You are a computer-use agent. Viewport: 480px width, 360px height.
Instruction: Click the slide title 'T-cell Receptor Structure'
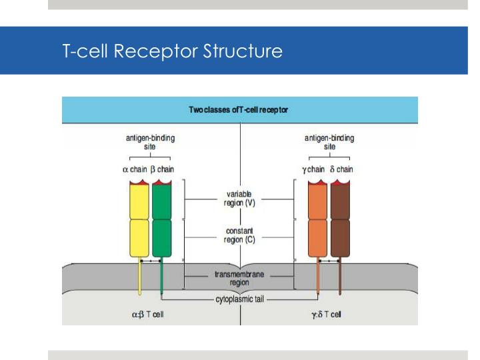[172, 51]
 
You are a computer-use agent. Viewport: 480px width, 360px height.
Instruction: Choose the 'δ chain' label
[341, 169]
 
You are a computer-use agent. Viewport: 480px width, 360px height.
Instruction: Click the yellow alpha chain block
[139, 220]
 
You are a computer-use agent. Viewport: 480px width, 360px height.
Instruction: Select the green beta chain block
[161, 220]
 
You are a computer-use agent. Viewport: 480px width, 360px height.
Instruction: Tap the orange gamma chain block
[318, 220]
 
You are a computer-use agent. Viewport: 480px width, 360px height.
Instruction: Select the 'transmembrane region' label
[240, 278]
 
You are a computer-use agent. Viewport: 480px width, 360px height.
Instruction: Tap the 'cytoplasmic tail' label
[240, 299]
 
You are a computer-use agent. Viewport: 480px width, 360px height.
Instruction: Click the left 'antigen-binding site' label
[146, 142]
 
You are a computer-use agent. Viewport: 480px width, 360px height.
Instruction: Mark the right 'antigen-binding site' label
[329, 142]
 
